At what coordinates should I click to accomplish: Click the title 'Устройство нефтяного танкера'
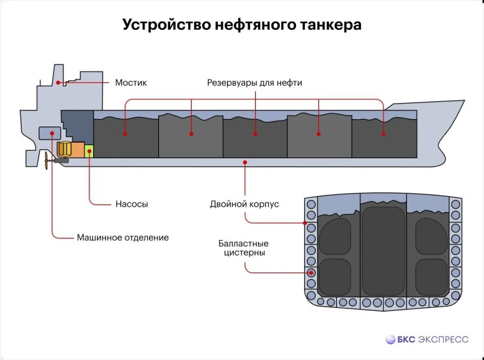coord(241,25)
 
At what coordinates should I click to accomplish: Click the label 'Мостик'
coord(131,83)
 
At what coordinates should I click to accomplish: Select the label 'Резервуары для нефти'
coord(254,83)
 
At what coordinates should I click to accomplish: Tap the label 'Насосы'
coord(132,204)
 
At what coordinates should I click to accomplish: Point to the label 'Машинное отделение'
coord(123,237)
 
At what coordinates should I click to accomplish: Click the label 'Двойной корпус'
coord(244,204)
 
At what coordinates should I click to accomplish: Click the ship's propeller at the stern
coord(48,161)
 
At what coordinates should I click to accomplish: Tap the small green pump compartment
coord(89,151)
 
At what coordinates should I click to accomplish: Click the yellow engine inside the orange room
coord(65,149)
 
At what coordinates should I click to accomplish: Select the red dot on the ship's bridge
coord(58,83)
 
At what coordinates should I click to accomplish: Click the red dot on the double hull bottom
coord(246,162)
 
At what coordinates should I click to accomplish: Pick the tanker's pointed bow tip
coord(462,102)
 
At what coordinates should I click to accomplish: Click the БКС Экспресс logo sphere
coord(391,340)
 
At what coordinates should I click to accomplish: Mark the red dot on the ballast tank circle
coord(311,272)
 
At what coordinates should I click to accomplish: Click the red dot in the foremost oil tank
coord(383,133)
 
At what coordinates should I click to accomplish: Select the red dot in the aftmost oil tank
coord(125,133)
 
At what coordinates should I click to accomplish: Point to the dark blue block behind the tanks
coord(76,124)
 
